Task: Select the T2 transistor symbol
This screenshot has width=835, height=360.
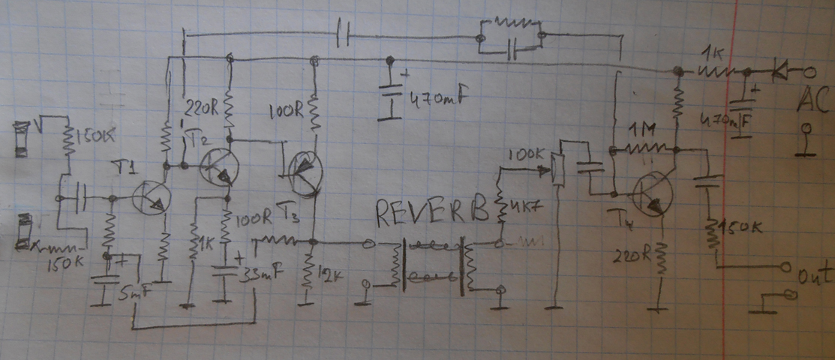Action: point(218,166)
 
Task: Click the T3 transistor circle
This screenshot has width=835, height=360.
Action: point(305,175)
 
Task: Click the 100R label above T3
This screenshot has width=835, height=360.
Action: point(287,114)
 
